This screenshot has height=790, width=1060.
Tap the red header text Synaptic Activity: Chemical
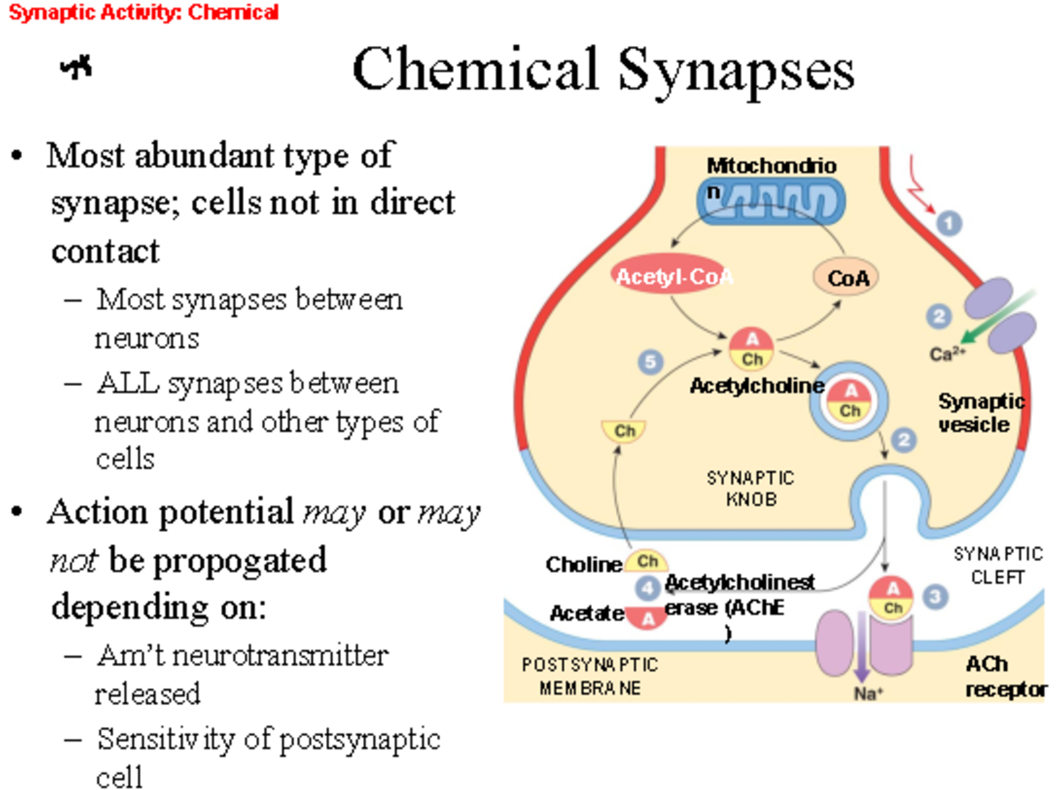coord(143,12)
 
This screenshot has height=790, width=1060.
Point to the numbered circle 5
coord(651,361)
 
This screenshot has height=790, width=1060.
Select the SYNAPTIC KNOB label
coord(750,488)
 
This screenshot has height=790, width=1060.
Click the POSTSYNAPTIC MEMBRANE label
coord(589,676)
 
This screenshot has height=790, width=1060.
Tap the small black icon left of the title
coord(77,68)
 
